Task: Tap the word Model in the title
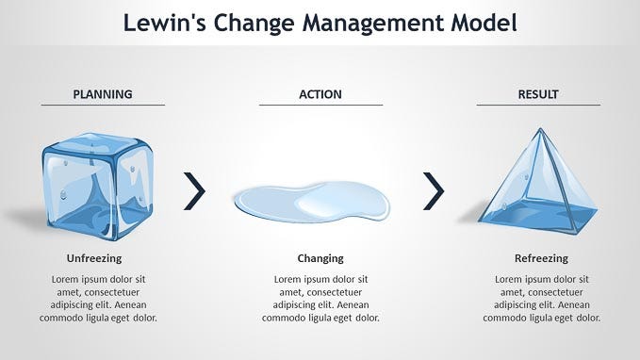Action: click(484, 23)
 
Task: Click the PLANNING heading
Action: click(103, 94)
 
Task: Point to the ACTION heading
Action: click(320, 94)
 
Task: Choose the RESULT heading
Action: click(538, 94)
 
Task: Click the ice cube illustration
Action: click(98, 187)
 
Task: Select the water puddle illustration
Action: click(312, 203)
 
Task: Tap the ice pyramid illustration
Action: click(538, 182)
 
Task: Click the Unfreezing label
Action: click(94, 258)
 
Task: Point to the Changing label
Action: click(320, 258)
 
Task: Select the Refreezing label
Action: click(541, 258)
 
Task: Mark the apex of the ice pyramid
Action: click(540, 128)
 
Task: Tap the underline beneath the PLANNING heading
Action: click(103, 105)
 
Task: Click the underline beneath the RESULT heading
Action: click(538, 105)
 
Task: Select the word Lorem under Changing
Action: click(287, 280)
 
